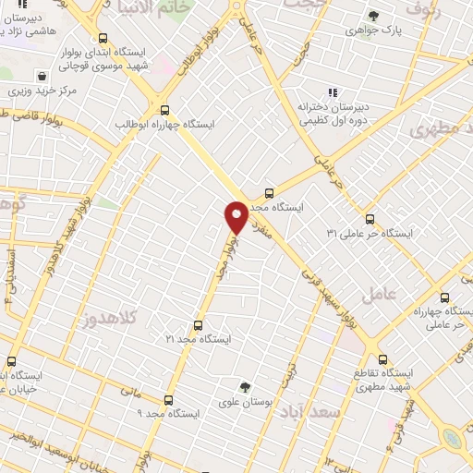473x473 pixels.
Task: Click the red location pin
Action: point(236,216)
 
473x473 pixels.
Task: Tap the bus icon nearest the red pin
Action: point(268,193)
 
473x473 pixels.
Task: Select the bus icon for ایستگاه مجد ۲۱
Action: point(197,325)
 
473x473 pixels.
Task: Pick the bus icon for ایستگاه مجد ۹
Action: point(168,400)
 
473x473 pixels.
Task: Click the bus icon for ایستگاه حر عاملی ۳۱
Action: point(370,219)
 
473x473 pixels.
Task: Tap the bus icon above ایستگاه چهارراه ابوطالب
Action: point(164,108)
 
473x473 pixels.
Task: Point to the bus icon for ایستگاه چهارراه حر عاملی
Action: point(445,298)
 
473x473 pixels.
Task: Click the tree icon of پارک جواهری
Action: point(372,16)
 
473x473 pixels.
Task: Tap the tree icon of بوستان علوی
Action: point(245,387)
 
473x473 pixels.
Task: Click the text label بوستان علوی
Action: point(246,402)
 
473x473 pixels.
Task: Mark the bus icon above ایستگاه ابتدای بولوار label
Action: point(102,39)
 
